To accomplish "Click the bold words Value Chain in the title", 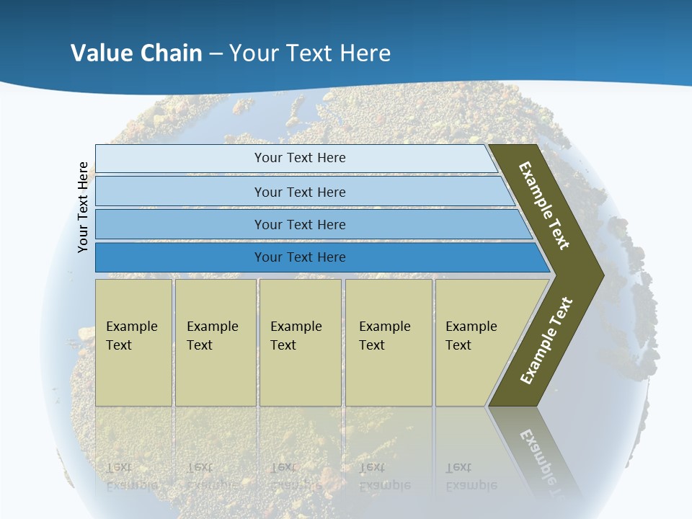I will [x=136, y=53].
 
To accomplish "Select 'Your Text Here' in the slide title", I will [x=310, y=53].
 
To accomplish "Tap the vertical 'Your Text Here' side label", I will [x=83, y=207].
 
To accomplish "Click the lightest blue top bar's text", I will [x=300, y=158].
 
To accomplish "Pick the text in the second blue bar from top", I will [x=300, y=192].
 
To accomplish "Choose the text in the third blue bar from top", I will [x=300, y=225].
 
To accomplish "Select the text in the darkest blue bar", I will [x=300, y=257].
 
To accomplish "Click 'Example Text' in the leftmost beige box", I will [x=131, y=336].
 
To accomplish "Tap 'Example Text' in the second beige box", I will [x=212, y=336].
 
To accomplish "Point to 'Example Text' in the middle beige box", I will [x=296, y=336].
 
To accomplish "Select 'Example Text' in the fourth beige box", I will [x=384, y=336].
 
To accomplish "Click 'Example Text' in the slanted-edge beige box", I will [x=471, y=336].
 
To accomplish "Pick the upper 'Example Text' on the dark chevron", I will [x=544, y=205].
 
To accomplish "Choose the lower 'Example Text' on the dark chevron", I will [x=546, y=341].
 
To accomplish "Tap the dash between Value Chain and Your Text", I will [x=216, y=54].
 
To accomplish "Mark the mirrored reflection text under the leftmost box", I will [x=131, y=476].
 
